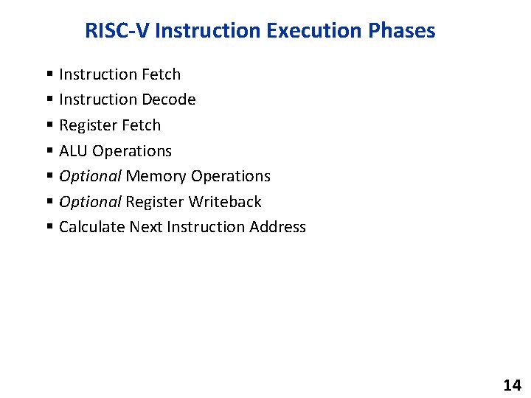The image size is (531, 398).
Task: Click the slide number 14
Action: pos(511,385)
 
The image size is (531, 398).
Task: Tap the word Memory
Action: pos(156,176)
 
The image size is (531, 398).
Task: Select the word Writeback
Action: pos(225,201)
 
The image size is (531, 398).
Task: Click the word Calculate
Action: pos(91,227)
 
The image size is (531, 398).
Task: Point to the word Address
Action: pos(277,227)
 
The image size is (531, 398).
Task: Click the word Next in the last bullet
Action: pos(146,227)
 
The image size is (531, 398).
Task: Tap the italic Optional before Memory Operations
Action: pos(89,176)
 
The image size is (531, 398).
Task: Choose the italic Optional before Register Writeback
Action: pos(89,201)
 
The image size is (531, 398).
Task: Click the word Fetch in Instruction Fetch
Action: pos(160,74)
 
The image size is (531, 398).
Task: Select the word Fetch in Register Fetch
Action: pos(141,125)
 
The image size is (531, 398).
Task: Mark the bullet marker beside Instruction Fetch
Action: pos(49,74)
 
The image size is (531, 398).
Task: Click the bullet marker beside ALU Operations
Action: pos(49,151)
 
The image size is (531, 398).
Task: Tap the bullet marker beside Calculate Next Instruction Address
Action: pos(49,228)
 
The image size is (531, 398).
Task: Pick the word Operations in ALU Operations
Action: pos(132,151)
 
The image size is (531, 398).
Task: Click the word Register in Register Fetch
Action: pos(88,125)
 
